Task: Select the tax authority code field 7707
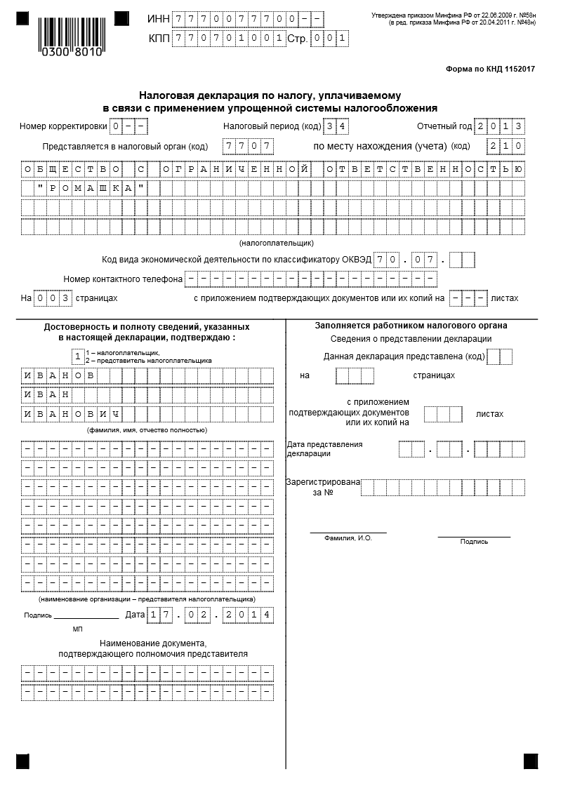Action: pos(247,146)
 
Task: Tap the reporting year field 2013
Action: pos(499,126)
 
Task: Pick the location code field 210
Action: pos(505,146)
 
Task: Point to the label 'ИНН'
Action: pos(159,18)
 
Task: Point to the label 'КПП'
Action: pos(159,39)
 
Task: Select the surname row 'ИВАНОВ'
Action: pos(59,376)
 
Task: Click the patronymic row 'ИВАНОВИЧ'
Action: pos(72,414)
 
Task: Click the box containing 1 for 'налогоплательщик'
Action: pos(78,356)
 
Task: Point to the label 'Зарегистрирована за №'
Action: pos(322,487)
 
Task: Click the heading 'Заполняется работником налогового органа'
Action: pos(411,326)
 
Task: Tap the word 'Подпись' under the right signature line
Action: pos(474,542)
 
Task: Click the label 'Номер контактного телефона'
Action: pos(123,279)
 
